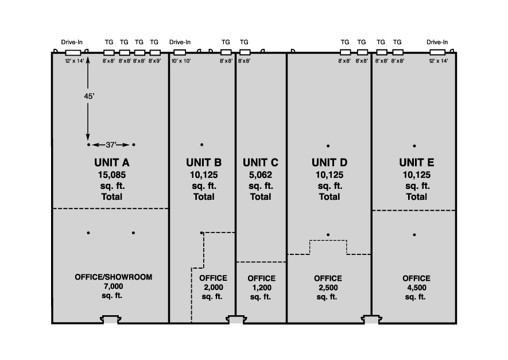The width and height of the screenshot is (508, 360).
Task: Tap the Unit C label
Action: (261, 162)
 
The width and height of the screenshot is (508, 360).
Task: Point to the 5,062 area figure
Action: (261, 174)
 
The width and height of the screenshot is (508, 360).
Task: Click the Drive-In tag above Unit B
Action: (180, 42)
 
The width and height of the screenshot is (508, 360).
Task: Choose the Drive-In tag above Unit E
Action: (437, 42)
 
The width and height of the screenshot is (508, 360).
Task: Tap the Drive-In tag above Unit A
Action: (72, 42)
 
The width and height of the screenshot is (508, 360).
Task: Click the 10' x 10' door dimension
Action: (181, 60)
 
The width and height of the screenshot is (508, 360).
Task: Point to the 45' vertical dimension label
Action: (88, 96)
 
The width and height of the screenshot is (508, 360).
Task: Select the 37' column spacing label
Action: (111, 145)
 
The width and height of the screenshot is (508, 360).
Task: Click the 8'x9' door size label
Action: (154, 60)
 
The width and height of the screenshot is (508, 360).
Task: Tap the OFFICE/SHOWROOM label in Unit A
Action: (114, 277)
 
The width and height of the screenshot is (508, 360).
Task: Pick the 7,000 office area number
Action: (114, 286)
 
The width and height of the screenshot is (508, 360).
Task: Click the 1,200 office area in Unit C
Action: (262, 287)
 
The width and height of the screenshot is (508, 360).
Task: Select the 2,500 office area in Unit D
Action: (328, 287)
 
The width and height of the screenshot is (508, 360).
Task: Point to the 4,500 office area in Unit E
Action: (417, 287)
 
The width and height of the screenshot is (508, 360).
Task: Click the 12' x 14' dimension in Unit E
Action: (438, 60)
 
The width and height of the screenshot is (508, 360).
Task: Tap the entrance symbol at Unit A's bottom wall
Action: (111, 318)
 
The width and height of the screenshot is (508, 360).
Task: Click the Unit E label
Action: (417, 162)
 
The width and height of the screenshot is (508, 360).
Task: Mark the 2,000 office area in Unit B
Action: (214, 287)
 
